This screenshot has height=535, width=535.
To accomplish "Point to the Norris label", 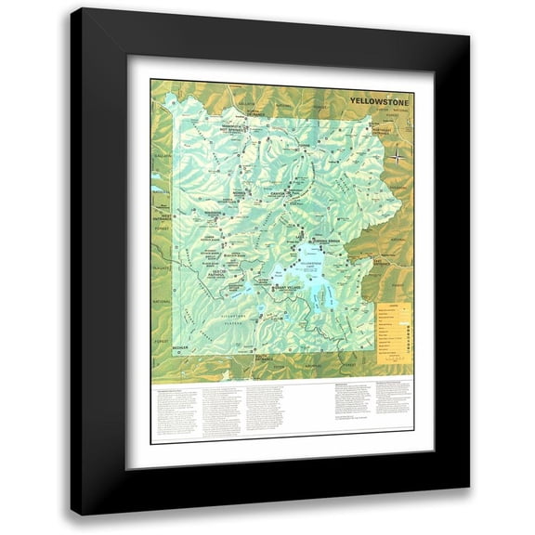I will [239, 193].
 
